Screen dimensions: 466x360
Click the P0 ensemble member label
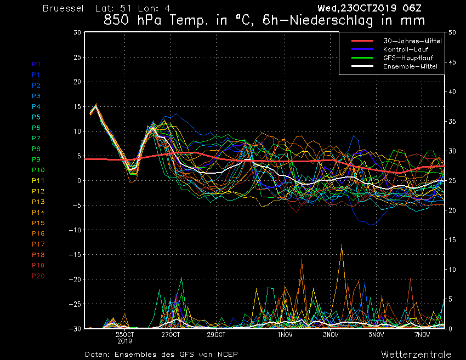pyautogui.click(x=36, y=64)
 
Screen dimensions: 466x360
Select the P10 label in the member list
pyautogui.click(x=38, y=170)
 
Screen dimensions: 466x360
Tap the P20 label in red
pyautogui.click(x=38, y=276)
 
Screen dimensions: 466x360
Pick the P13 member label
pyautogui.click(x=38, y=202)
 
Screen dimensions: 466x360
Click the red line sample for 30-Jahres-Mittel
pyautogui.click(x=362, y=41)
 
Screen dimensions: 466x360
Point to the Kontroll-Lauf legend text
pyautogui.click(x=406, y=49)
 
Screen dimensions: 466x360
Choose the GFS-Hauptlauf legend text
pyautogui.click(x=408, y=58)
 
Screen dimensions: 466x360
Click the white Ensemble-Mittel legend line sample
pyautogui.click(x=362, y=66)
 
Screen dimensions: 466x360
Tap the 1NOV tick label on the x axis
pyautogui.click(x=285, y=335)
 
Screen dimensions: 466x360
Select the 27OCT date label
pyautogui.click(x=171, y=335)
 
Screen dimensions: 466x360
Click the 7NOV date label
pyautogui.click(x=422, y=335)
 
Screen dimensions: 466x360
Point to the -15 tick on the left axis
pyautogui.click(x=75, y=255)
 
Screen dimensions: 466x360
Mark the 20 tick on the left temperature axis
pyautogui.click(x=77, y=82)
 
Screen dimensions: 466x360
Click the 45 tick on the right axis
pyautogui.click(x=452, y=62)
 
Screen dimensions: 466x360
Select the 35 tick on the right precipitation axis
pyautogui.click(x=452, y=122)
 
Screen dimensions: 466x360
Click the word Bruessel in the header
pyautogui.click(x=63, y=8)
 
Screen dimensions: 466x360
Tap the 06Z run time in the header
pyautogui.click(x=412, y=8)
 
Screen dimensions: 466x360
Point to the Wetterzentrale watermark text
pyautogui.click(x=416, y=354)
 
